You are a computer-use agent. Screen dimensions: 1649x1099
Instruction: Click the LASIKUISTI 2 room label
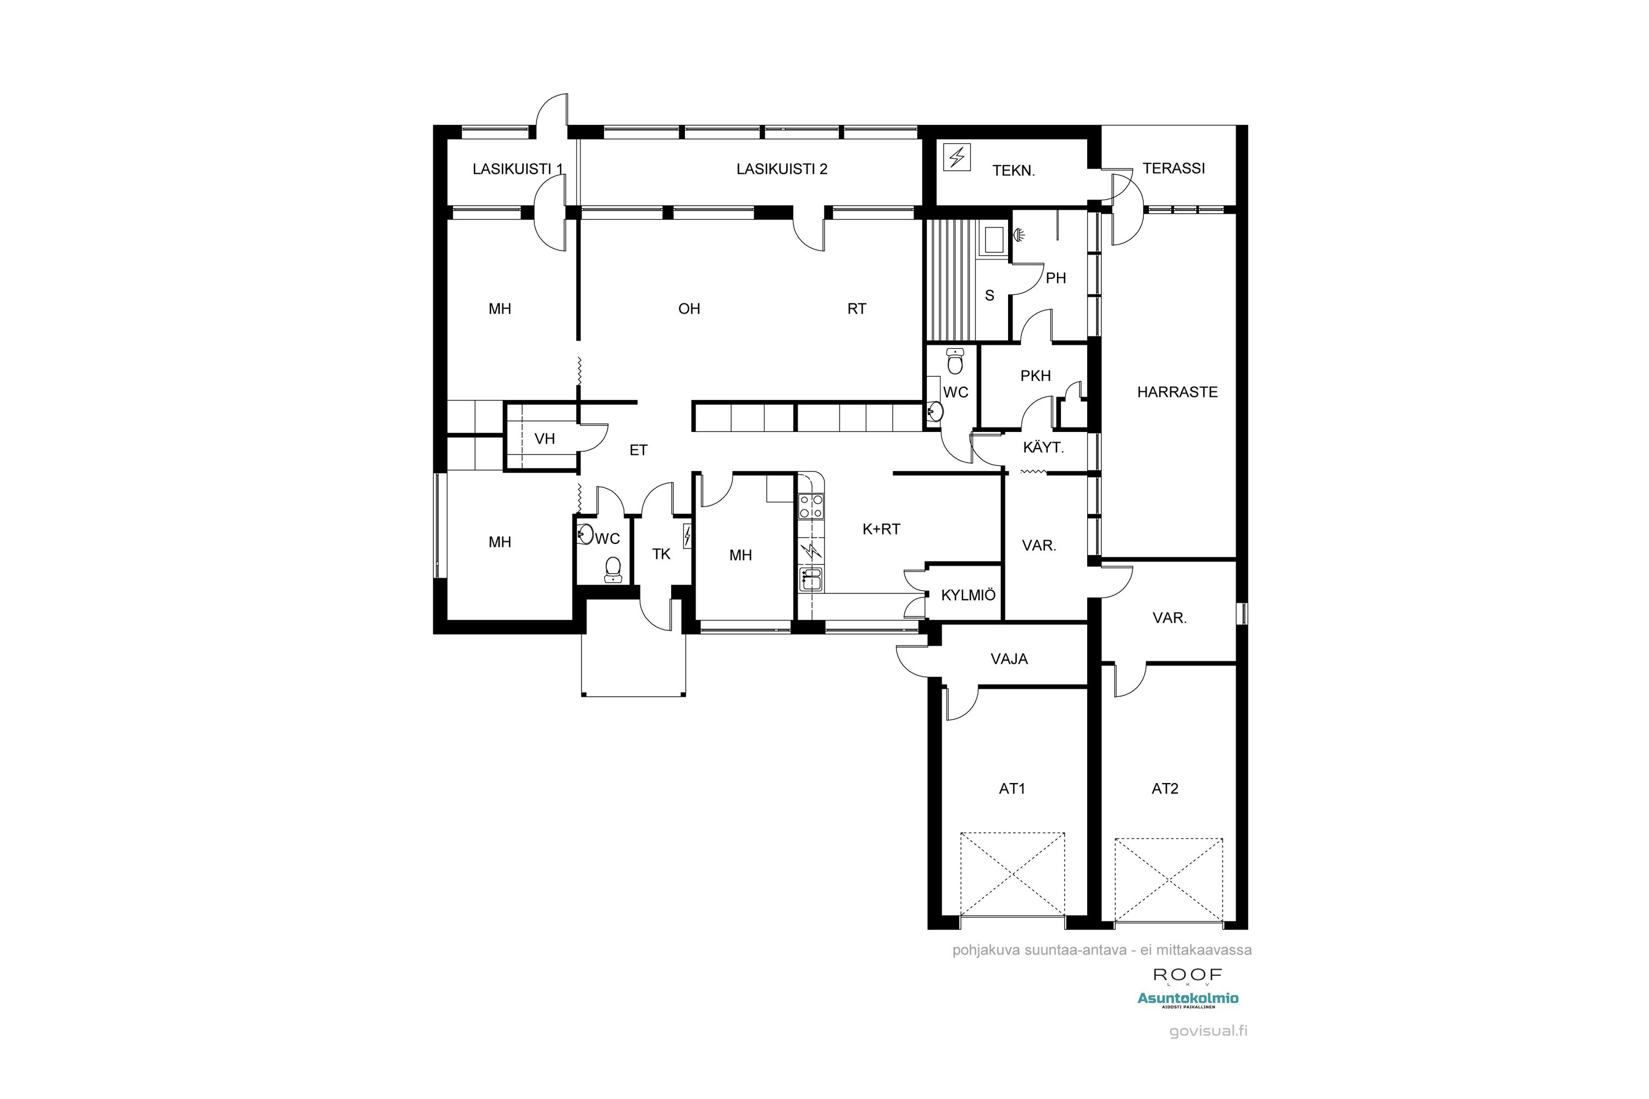(782, 169)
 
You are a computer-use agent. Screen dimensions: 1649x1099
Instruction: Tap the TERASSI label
(1174, 168)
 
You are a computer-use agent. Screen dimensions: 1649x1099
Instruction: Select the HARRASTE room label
(1177, 392)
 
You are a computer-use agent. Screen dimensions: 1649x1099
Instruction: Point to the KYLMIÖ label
(968, 595)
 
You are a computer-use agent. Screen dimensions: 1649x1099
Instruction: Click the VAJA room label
(1009, 659)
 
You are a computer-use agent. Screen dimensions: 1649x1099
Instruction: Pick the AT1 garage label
(1012, 789)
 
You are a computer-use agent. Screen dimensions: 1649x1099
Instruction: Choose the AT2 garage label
(1165, 789)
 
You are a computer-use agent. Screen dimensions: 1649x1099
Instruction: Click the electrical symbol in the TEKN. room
(957, 157)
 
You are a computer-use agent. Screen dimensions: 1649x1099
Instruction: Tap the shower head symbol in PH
(1020, 234)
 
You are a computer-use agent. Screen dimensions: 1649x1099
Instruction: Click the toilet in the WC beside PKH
(955, 362)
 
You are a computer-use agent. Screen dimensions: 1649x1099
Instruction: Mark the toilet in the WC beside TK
(613, 569)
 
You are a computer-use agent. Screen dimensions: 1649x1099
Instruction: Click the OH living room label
(689, 308)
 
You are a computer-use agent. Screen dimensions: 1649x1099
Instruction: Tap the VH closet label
(545, 439)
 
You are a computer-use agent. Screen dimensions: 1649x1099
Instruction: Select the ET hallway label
(638, 450)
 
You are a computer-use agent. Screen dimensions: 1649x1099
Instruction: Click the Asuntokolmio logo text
(1188, 998)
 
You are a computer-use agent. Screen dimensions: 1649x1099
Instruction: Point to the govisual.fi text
(1208, 1031)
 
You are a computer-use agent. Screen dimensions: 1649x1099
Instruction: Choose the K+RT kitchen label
(881, 529)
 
